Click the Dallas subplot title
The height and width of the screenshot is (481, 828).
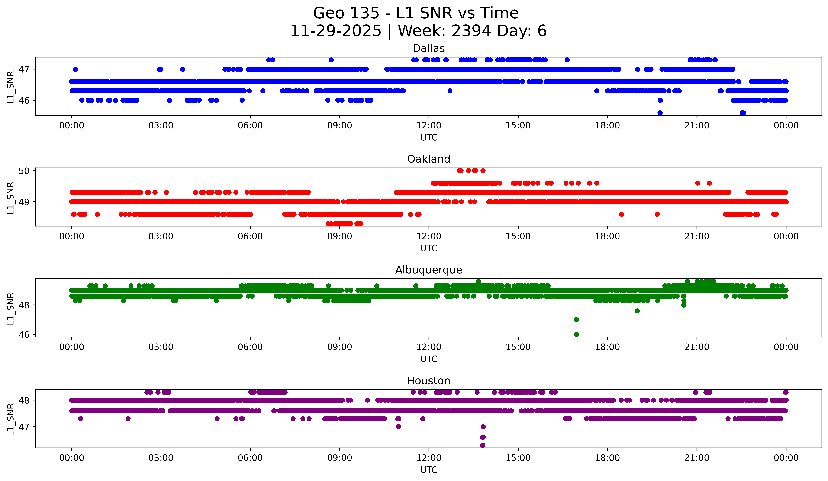[x=428, y=48]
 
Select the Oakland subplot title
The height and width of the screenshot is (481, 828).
[x=428, y=159]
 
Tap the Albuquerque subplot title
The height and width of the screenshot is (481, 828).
[x=428, y=270]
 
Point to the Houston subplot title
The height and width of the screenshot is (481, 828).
[x=428, y=381]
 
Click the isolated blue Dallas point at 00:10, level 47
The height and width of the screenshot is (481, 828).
[x=75, y=69]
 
